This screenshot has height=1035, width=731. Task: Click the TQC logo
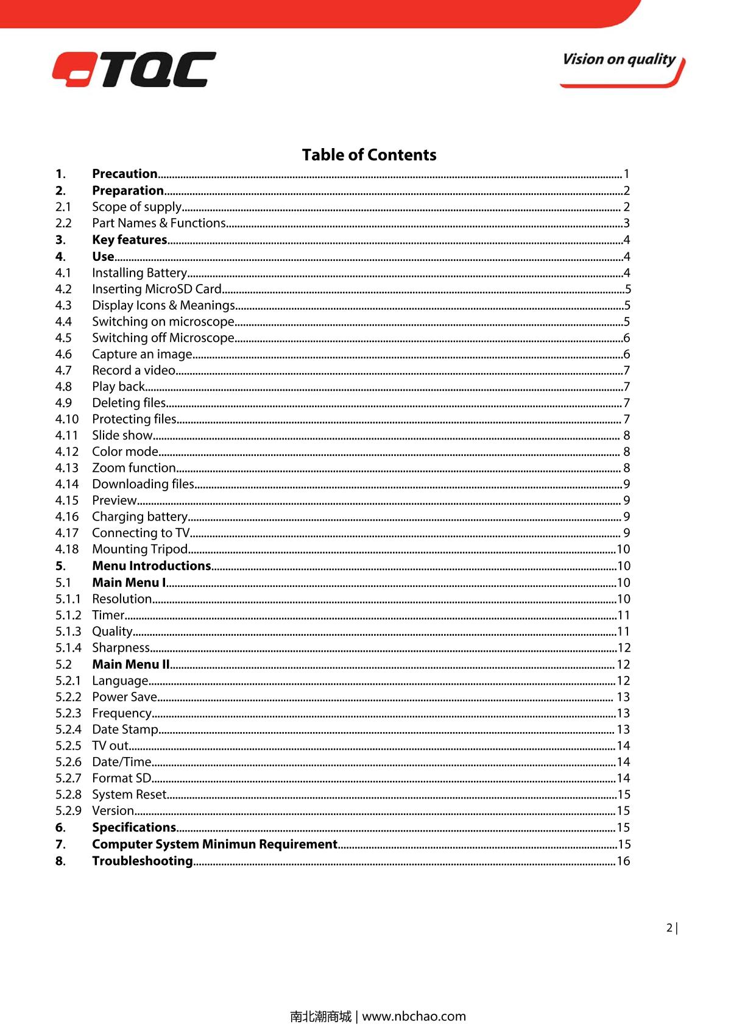tap(134, 69)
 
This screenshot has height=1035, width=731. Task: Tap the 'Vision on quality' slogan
tap(619, 60)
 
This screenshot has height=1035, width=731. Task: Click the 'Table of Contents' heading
tap(369, 155)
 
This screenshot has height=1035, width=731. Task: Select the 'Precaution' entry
tap(125, 174)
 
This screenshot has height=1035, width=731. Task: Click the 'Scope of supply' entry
tap(137, 207)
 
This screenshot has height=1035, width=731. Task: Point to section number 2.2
tap(63, 223)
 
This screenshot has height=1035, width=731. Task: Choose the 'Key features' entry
tap(130, 240)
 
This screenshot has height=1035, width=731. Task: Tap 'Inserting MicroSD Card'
tap(157, 289)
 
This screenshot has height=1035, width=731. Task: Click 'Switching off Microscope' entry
tap(163, 338)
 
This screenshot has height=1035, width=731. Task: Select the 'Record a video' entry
tap(134, 370)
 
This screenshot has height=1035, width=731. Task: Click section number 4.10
tap(67, 419)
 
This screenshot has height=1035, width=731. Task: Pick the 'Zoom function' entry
tap(134, 468)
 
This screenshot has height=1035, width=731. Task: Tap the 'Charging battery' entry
tap(140, 516)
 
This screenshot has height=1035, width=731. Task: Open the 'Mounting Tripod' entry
tap(140, 549)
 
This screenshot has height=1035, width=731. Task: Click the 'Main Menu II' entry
tap(131, 664)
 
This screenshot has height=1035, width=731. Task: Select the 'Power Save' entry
tap(125, 697)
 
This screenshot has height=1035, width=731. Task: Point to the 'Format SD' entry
tap(122, 778)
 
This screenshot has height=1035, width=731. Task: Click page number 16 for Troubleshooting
tap(623, 861)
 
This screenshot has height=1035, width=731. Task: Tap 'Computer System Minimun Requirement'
tap(214, 844)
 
